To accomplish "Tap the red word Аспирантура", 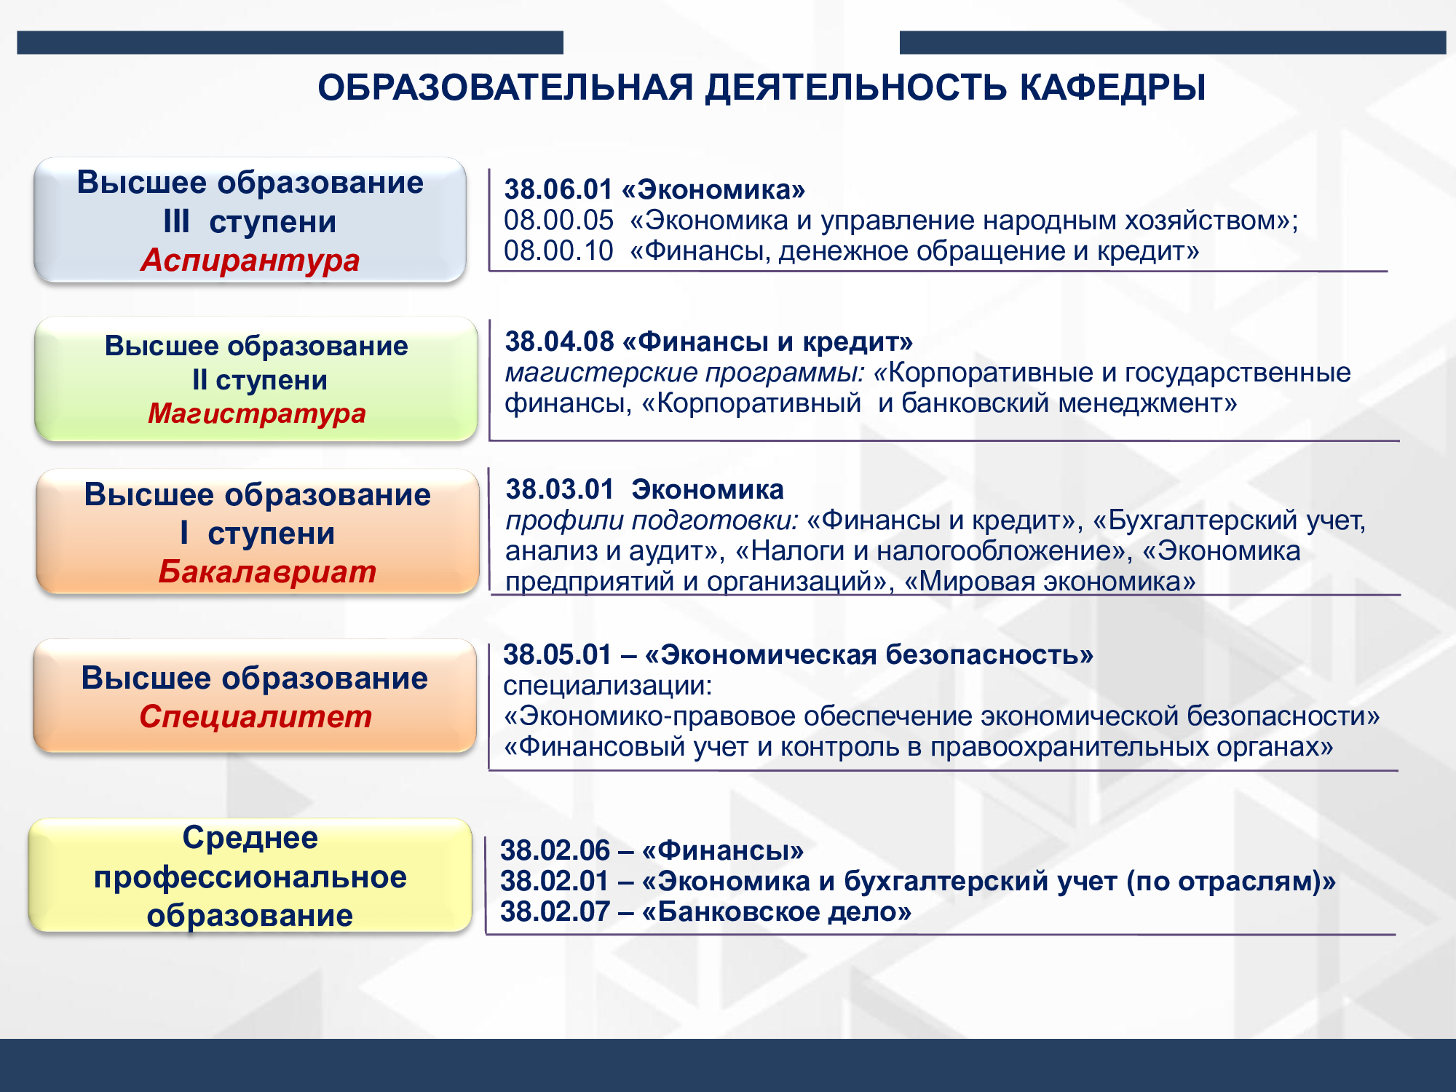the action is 250,260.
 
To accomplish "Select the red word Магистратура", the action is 257,414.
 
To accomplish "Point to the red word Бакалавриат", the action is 267,571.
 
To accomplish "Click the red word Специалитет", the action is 256,716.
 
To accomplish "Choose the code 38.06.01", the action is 558,189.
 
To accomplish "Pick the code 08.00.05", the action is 558,220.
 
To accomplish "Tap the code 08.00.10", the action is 558,250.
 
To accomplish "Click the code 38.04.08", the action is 559,341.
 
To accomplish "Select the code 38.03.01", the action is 560,489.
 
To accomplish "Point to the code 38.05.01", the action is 558,654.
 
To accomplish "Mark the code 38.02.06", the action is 555,850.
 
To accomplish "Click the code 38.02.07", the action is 555,911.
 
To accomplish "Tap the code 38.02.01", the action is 554,881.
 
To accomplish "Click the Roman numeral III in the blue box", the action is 177,221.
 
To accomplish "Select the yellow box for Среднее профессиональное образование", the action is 250,875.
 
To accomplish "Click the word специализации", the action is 608,686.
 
